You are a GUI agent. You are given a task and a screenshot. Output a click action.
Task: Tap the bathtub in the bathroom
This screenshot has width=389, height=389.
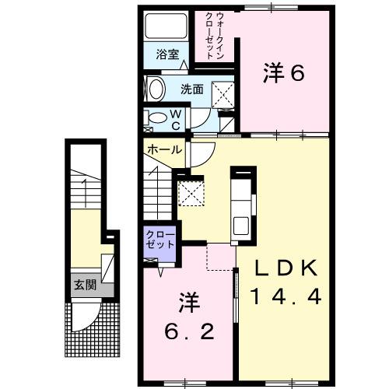[163, 28]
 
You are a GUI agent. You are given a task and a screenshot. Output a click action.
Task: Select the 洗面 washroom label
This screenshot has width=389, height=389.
[192, 89]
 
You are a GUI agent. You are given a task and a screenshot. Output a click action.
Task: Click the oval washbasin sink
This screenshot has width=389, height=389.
[154, 89]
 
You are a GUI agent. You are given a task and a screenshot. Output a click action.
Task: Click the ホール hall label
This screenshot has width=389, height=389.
[164, 149]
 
